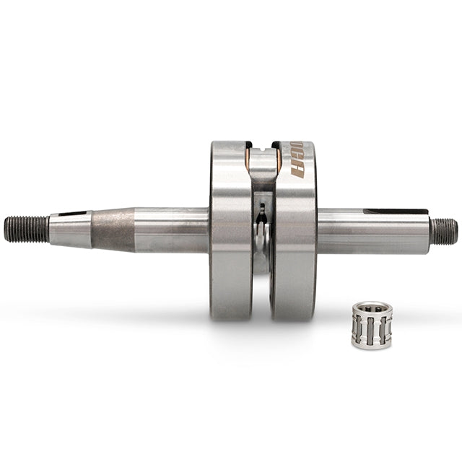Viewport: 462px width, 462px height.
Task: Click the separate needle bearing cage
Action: [x=371, y=325]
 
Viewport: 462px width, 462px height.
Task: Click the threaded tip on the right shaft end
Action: [x=443, y=232]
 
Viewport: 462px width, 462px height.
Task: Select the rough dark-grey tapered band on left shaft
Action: [x=113, y=230]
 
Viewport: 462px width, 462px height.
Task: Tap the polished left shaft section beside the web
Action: [x=173, y=230]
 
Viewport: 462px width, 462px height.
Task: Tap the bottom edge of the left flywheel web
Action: [x=231, y=318]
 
